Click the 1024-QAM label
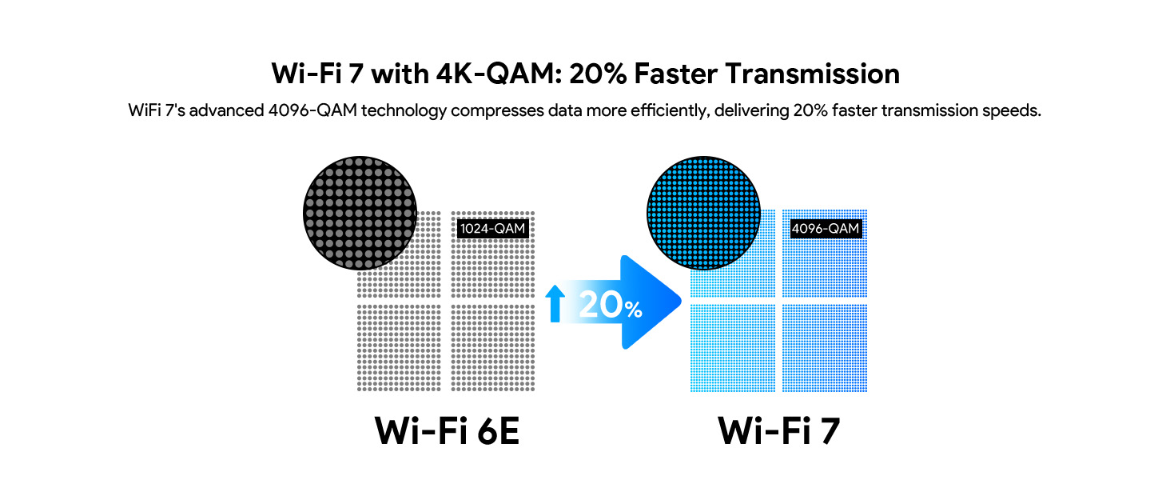click(493, 229)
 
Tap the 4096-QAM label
click(826, 229)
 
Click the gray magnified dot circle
click(360, 213)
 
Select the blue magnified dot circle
click(702, 213)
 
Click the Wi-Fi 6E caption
click(447, 431)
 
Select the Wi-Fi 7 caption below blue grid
click(779, 431)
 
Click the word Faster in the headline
click(676, 74)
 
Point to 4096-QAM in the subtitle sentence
click(313, 110)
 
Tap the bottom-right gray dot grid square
click(493, 348)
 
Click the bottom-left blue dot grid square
click(732, 348)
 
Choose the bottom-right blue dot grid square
click(825, 348)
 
